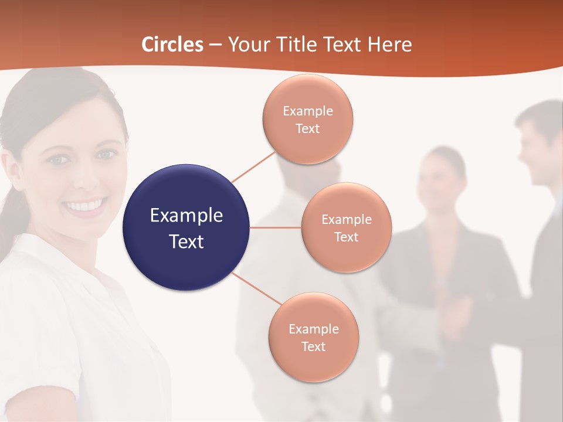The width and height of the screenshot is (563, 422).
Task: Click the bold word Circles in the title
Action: click(172, 45)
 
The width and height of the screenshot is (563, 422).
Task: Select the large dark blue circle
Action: click(186, 227)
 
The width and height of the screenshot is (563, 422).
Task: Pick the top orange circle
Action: click(307, 119)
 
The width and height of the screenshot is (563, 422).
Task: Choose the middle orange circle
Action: click(346, 227)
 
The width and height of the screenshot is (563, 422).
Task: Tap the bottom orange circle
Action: click(313, 337)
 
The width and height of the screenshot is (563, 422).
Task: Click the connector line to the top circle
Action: click(253, 166)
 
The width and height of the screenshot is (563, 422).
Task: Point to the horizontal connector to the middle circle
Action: click(275, 227)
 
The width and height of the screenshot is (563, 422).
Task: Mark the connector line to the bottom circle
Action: click(257, 288)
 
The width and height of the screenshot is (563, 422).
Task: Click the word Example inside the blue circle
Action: click(186, 215)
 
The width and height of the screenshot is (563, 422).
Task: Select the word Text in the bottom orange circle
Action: click(313, 346)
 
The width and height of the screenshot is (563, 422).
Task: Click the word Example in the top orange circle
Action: click(307, 111)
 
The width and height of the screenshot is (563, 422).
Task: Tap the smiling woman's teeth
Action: click(86, 206)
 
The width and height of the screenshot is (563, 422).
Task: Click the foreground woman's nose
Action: click(84, 179)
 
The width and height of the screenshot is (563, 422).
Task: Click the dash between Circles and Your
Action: click(215, 45)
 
